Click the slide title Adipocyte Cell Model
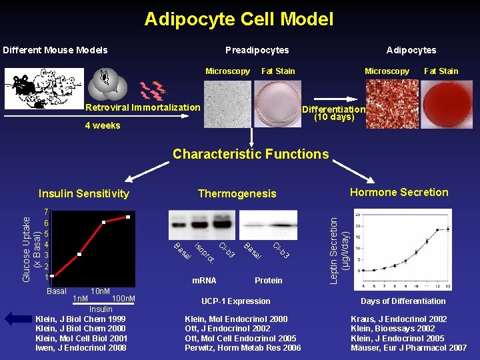[x=239, y=19]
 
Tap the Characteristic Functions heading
[x=251, y=154]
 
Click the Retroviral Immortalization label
[x=143, y=107]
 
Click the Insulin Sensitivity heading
[x=84, y=194]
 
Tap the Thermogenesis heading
[x=237, y=194]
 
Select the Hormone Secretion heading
[x=399, y=193]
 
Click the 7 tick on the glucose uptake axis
[x=46, y=212]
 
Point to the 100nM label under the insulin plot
[x=124, y=298]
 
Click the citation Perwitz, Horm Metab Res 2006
[x=243, y=348]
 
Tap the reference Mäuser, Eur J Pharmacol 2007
[x=409, y=348]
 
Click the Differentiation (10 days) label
[x=334, y=113]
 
